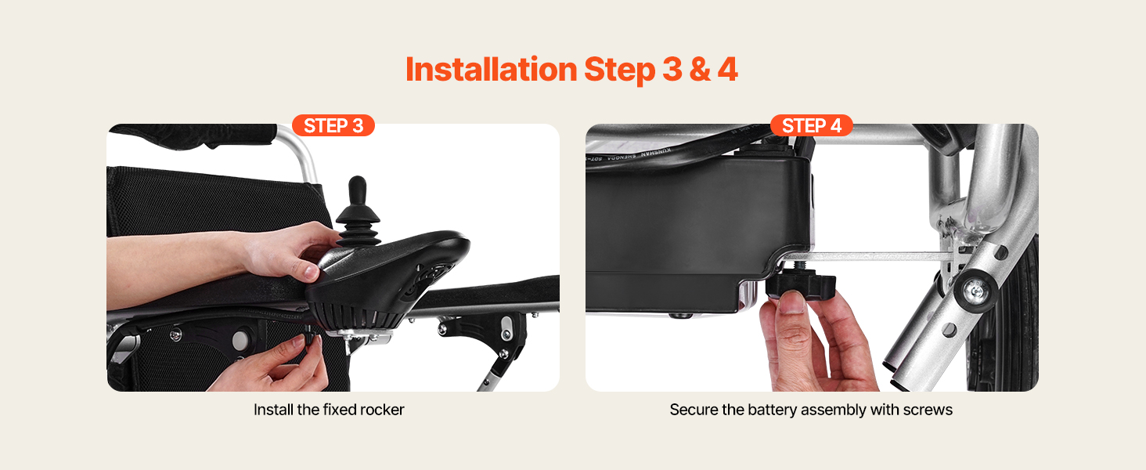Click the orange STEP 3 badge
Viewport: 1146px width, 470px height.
(333, 125)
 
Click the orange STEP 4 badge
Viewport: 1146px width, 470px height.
(812, 125)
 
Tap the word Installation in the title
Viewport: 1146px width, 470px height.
(491, 69)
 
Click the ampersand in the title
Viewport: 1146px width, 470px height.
(699, 70)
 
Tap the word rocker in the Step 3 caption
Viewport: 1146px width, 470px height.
(382, 410)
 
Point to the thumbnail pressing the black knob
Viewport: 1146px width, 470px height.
(792, 302)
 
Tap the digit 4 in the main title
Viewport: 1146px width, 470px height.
(727, 70)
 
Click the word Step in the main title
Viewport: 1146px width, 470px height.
(619, 70)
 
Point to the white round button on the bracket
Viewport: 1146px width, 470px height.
(240, 339)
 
